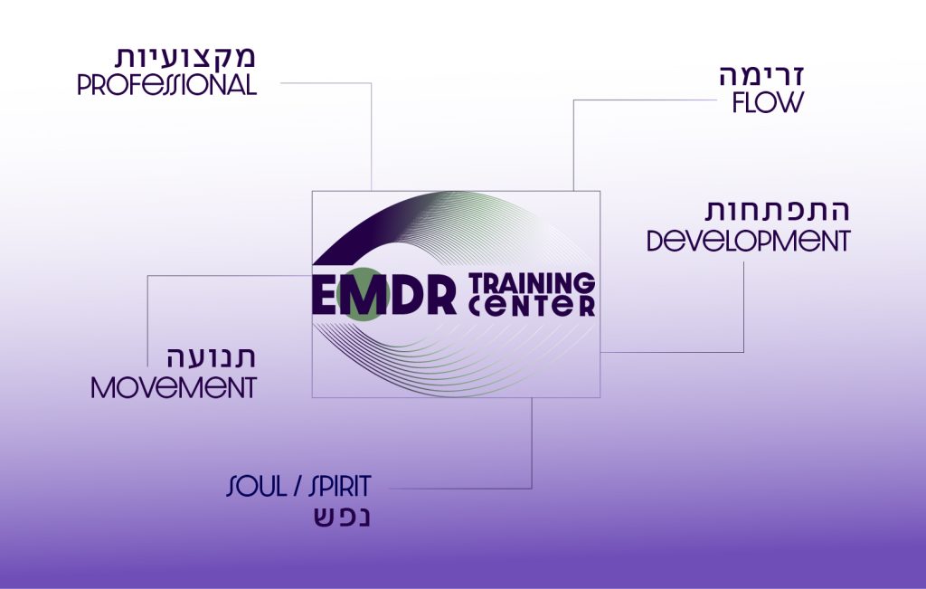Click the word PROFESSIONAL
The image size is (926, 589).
coord(167,85)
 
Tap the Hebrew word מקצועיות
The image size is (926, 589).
coord(184,57)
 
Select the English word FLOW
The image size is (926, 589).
coord(768,102)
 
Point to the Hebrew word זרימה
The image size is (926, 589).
coord(761,77)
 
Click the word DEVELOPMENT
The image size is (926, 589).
coord(748,241)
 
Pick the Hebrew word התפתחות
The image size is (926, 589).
coord(777,210)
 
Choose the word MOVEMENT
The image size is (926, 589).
coord(174,388)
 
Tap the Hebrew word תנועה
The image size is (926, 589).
coord(211,357)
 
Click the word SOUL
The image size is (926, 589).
coord(256,486)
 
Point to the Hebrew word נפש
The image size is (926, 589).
coord(342,517)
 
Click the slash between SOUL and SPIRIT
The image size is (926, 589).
coord(297,486)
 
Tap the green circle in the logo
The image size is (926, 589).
coord(362,294)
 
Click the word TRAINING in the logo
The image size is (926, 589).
coord(532,283)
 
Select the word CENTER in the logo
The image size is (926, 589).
coord(532,306)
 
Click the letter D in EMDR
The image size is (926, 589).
coord(408,294)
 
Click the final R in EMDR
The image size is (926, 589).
coord(441,294)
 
